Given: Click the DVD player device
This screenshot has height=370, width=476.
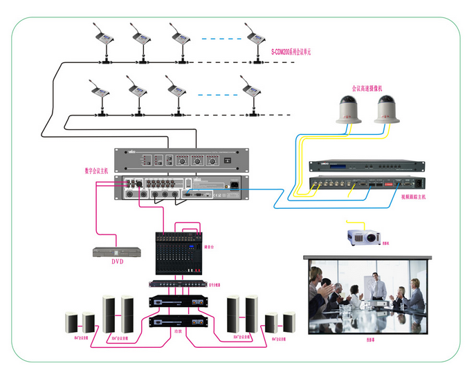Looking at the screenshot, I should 111,252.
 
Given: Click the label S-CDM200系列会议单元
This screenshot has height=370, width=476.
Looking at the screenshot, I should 291,52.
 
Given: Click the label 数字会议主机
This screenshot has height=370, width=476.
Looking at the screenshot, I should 97,170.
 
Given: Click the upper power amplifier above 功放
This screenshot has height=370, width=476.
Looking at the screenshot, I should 178,302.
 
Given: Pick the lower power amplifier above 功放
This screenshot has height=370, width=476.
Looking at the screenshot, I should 178,322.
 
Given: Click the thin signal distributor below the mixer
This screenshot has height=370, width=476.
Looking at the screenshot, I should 178,284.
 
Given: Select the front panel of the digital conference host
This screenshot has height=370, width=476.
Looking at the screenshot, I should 181,159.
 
